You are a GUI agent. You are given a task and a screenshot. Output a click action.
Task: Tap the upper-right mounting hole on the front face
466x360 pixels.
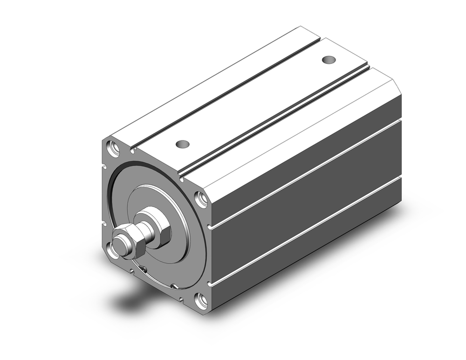coord(201,199)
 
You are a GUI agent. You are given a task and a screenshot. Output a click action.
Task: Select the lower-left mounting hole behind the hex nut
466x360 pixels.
coord(112,250)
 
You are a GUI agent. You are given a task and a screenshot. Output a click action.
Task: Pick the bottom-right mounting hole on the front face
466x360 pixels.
coord(201,301)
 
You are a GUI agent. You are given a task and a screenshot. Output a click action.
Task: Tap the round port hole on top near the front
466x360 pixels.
coord(183,144)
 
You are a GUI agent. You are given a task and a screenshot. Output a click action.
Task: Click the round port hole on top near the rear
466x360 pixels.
coord(329,60)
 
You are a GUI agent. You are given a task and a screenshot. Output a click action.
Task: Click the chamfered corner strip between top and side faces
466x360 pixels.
coord(298,135)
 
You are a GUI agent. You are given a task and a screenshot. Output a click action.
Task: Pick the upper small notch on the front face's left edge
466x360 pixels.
coord(103,166)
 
